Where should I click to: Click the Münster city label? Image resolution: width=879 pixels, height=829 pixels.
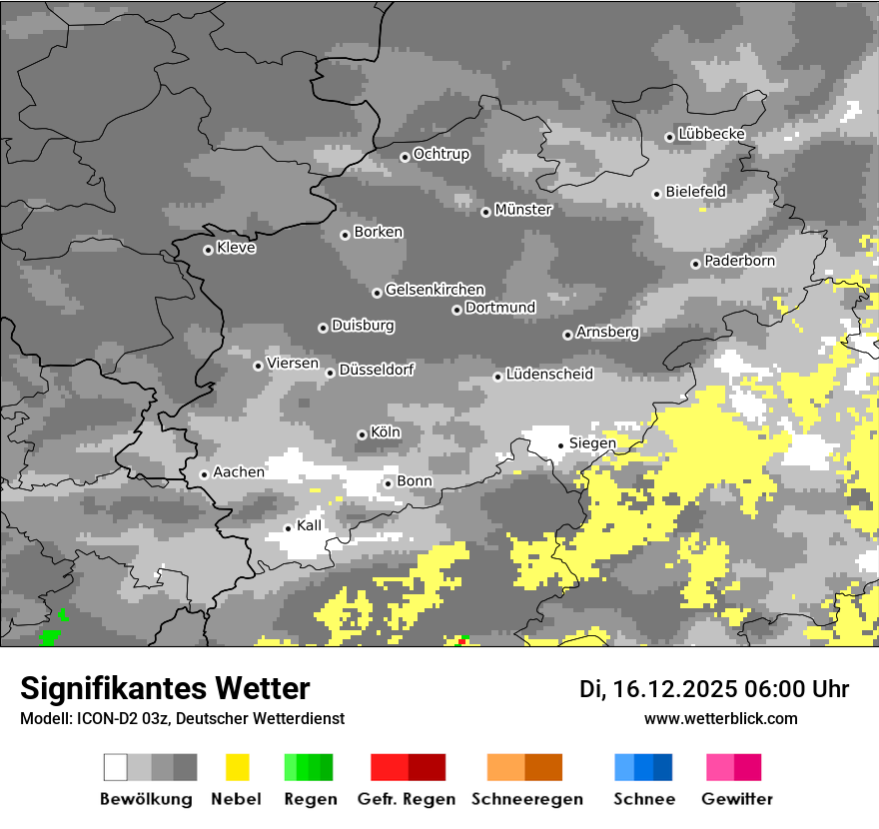(523, 210)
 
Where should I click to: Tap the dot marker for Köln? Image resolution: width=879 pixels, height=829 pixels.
(362, 434)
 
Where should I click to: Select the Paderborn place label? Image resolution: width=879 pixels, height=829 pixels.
(739, 261)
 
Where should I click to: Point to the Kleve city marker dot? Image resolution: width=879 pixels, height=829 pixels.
(208, 250)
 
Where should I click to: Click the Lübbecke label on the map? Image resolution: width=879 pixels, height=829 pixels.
(711, 134)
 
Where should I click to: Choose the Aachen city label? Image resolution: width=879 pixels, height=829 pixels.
(239, 471)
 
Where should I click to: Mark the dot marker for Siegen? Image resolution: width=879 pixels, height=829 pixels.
(560, 445)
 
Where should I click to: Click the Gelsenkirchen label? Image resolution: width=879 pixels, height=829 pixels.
(435, 290)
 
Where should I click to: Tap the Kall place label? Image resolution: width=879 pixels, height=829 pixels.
(310, 525)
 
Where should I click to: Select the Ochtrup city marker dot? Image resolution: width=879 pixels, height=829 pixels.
(405, 157)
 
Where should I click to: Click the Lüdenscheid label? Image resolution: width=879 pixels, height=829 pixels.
(549, 375)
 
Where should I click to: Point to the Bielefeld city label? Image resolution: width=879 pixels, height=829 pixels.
(695, 191)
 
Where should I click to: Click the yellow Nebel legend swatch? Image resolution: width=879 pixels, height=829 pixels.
(238, 767)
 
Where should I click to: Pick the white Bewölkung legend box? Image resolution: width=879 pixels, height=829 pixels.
(116, 767)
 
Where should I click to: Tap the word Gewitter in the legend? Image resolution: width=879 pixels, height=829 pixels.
(736, 799)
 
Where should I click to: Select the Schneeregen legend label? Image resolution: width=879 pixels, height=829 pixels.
(526, 799)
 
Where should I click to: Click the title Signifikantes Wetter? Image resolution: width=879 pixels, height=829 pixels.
(165, 688)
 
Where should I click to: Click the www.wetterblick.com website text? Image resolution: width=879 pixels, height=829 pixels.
(720, 718)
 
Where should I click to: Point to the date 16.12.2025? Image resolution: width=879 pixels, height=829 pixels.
(674, 689)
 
